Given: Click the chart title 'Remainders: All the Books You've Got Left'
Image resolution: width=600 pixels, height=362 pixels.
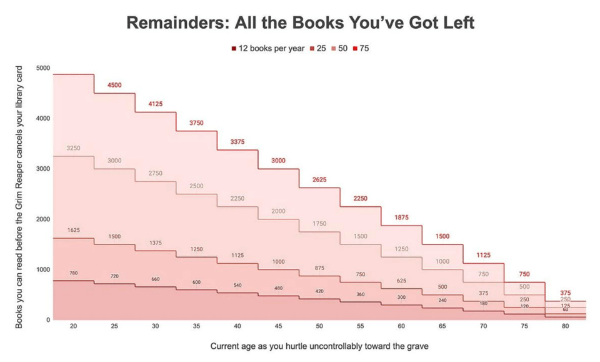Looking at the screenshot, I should pos(300,23).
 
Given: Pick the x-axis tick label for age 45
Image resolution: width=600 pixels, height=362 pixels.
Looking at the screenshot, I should pos(278,326).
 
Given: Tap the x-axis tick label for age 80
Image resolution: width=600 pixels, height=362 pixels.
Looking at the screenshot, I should pos(565,326).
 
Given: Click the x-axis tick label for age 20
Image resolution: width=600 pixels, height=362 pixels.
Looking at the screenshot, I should pos(73,326).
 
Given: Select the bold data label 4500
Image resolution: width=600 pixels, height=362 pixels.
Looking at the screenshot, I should pos(114,85).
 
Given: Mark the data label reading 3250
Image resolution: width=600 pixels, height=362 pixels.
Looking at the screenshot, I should pos(73,148).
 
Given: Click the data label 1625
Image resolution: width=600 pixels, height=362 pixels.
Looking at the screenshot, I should pos(73,230).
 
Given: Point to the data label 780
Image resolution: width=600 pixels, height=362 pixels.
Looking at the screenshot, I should pos(73,273).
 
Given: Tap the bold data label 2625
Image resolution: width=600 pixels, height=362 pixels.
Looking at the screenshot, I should pos(319,179).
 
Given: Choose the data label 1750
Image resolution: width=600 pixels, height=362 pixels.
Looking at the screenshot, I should pos(319,224).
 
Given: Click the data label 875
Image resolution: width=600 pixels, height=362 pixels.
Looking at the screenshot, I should pos(319,268).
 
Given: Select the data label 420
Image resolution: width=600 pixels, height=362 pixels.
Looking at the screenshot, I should pos(319,291).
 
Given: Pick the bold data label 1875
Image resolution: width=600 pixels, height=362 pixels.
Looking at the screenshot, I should pos(401,218).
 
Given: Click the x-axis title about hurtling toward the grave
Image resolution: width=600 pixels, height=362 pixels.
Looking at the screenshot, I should pos(319,346).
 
